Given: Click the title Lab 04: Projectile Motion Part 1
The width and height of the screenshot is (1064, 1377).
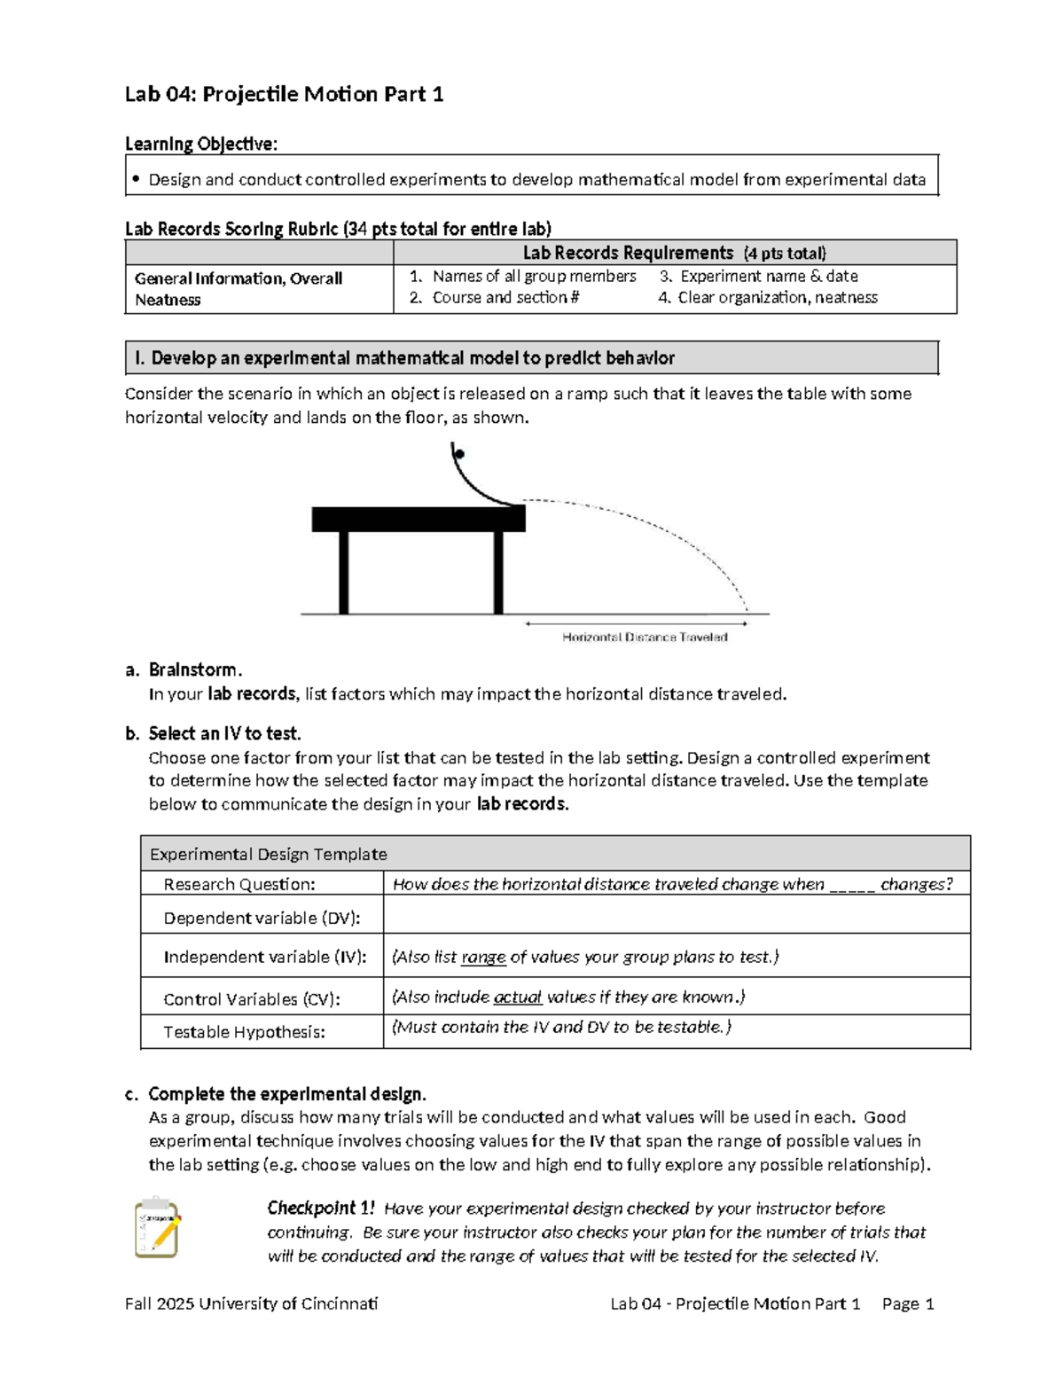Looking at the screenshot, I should pos(284,94).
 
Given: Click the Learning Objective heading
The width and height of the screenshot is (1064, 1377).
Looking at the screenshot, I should pos(200,144).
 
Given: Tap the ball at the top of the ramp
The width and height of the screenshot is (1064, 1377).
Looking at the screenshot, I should pos(458,455).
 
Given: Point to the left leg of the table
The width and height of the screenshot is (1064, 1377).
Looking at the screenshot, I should pos(344,572).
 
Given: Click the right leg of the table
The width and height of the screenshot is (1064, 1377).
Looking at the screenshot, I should pos(498,572).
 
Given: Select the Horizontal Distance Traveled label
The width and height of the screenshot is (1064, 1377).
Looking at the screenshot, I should pos(645,637).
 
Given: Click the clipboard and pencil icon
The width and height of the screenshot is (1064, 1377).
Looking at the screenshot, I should pos(157,1227).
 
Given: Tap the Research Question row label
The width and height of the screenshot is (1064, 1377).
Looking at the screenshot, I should pos(239,884).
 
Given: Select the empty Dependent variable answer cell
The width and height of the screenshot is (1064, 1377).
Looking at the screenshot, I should pos(676,915).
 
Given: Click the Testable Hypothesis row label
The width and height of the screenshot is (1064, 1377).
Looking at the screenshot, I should pos(244,1031).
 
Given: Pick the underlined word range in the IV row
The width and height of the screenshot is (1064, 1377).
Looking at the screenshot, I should pos(483,958).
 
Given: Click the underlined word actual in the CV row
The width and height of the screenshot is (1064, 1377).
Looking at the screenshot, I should pos(517,998).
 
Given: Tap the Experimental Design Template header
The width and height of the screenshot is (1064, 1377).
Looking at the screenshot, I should pos(268,854).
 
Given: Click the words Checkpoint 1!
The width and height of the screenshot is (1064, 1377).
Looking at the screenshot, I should pos(321,1208).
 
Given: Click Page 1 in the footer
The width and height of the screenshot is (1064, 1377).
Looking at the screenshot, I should pos(908,1303).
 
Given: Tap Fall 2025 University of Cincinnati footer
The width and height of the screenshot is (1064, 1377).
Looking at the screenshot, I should pos(251,1303).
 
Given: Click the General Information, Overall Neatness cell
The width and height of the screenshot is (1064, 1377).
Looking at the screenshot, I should pos(238,289).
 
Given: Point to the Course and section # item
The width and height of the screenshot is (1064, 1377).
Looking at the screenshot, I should pos(505,298).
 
